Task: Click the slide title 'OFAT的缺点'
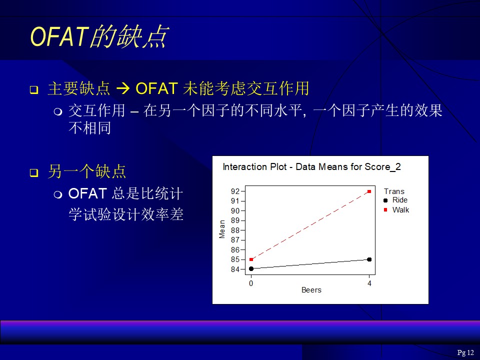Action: (x=99, y=36)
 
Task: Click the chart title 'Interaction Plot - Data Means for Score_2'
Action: (x=311, y=167)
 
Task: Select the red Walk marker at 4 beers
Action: (x=369, y=191)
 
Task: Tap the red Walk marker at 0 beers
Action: (x=251, y=259)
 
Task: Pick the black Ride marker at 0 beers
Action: (x=251, y=269)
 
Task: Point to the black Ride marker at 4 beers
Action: (x=369, y=259)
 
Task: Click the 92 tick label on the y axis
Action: (x=235, y=191)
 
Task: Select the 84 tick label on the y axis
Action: (x=235, y=269)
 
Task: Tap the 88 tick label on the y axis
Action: (x=235, y=230)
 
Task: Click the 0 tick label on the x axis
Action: (x=251, y=283)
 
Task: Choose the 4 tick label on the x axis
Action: (x=369, y=283)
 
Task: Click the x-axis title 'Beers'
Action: (x=311, y=290)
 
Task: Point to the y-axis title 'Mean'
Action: (x=222, y=229)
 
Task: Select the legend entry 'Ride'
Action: (x=400, y=200)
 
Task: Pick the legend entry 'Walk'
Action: (x=400, y=209)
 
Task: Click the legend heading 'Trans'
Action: (x=394, y=191)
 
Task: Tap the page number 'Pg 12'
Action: (x=465, y=352)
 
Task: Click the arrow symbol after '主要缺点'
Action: (x=123, y=89)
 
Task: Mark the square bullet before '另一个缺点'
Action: (x=34, y=172)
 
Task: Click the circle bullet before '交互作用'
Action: (x=58, y=111)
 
